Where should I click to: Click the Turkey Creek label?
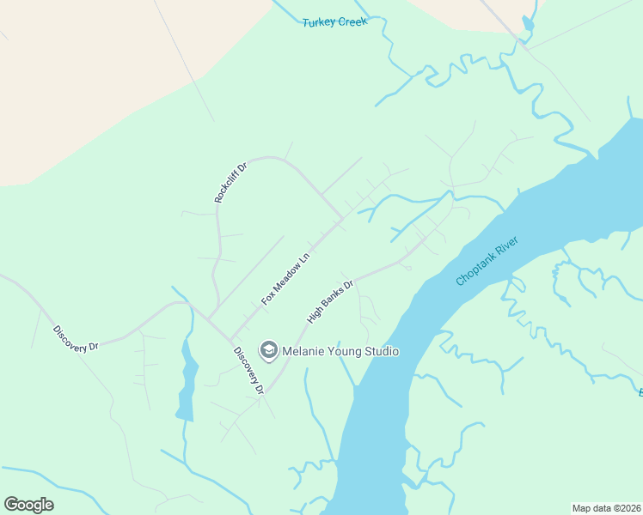pos(334,21)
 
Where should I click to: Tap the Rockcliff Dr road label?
pos(230,182)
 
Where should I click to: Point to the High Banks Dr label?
pos(331,301)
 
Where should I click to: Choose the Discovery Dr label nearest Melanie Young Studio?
pos(248,370)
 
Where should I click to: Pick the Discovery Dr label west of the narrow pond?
pos(76,337)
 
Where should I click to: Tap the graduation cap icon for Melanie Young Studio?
pos(269,350)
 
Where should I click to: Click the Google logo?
pos(28,505)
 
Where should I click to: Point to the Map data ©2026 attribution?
pos(606,507)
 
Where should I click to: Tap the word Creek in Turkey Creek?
pos(352,21)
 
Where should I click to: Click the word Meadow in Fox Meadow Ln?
pos(285,278)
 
